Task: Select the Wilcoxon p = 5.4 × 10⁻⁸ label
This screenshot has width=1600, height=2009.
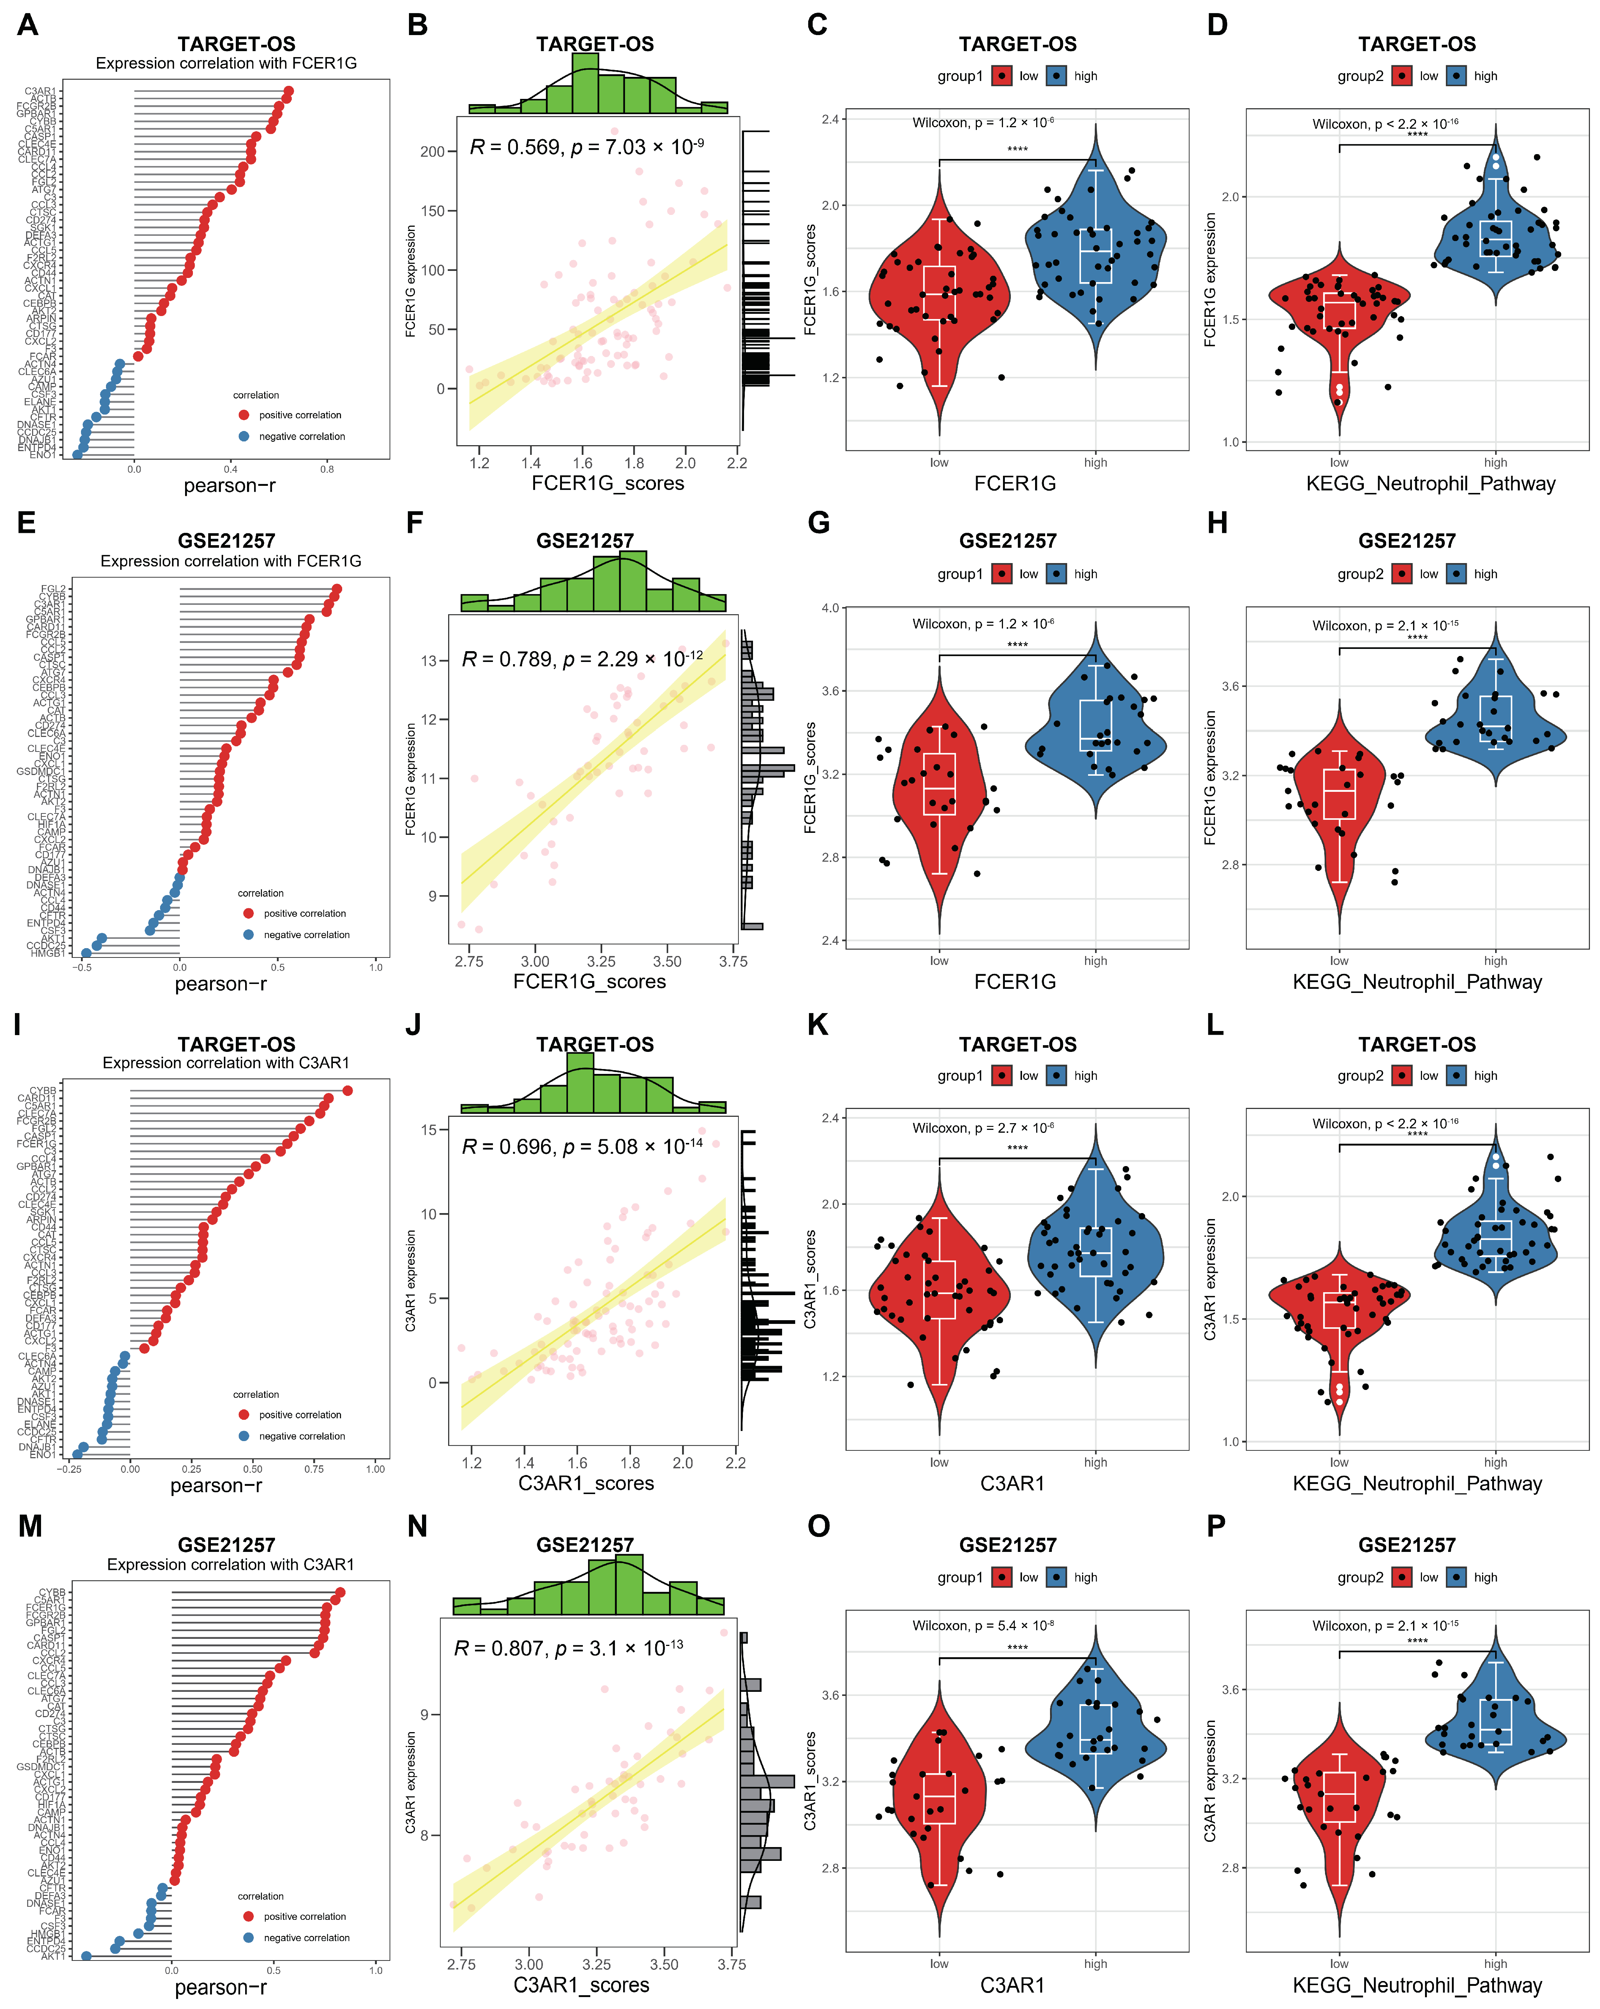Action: (983, 1626)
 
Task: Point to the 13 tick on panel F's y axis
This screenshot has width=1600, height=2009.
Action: (429, 661)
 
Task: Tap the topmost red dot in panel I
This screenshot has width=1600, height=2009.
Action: (348, 1091)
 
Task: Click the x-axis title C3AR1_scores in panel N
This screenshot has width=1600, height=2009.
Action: (581, 1985)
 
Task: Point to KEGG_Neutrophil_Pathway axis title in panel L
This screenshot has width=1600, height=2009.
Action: (1416, 1484)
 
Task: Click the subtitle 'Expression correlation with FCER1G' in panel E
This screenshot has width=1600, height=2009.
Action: (230, 561)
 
